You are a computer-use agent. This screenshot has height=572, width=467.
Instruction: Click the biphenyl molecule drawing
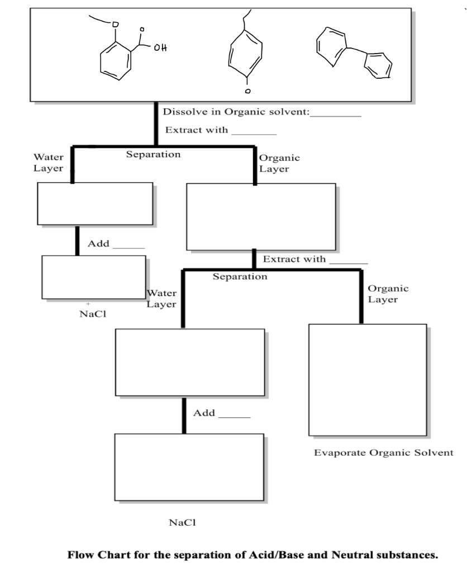[354, 54]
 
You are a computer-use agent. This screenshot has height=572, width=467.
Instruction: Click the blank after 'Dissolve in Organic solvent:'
[335, 113]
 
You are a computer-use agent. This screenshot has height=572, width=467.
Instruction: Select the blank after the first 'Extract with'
[254, 132]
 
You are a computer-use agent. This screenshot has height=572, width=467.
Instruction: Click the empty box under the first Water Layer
[95, 204]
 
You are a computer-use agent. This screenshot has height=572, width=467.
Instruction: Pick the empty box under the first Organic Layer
[261, 217]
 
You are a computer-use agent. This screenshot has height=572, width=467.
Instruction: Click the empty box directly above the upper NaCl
[94, 277]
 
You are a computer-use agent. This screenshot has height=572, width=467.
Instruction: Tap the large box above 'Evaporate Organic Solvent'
[368, 380]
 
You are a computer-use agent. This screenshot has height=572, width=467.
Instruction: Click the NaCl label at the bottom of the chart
[182, 523]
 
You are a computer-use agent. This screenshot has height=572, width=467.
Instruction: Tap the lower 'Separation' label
[240, 277]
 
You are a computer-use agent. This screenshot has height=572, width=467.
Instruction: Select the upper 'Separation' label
[153, 154]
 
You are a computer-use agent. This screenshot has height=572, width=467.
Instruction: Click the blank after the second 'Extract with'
[348, 261]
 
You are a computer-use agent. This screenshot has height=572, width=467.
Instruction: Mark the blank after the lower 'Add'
[234, 415]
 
